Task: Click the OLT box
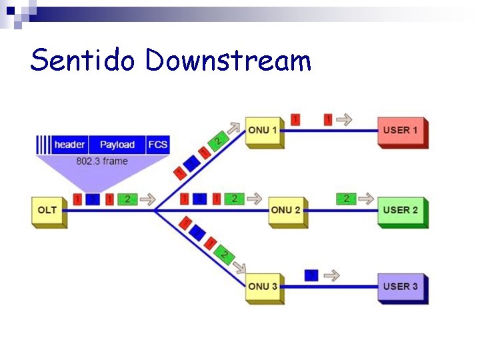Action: click(x=48, y=211)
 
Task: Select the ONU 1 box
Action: click(x=264, y=131)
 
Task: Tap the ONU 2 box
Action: click(x=287, y=211)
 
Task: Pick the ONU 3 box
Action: click(x=264, y=287)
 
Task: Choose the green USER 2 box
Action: click(x=401, y=211)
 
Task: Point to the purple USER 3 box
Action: click(x=401, y=287)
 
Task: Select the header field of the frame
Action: click(x=70, y=145)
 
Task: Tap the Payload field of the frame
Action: click(x=117, y=145)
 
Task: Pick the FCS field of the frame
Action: click(x=158, y=145)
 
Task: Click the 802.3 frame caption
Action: click(x=102, y=161)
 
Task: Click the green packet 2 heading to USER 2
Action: click(x=346, y=198)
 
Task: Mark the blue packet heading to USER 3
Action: click(x=311, y=275)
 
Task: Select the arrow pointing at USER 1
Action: click(x=345, y=119)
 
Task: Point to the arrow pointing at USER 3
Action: click(x=331, y=275)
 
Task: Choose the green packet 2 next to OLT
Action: click(x=127, y=199)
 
